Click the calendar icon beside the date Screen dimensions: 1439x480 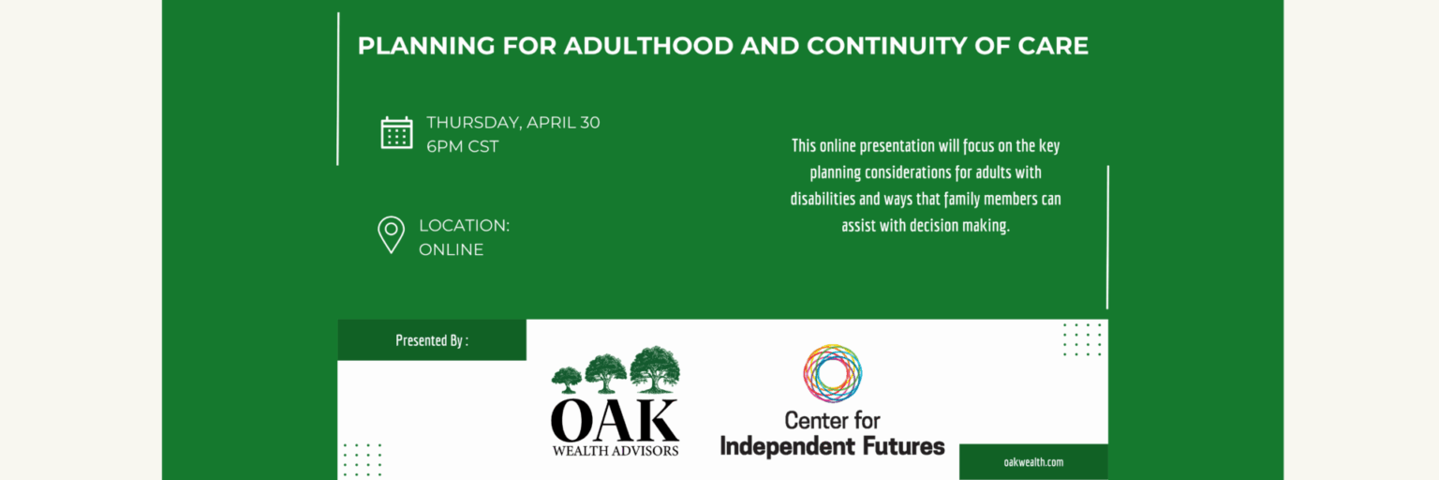[x=396, y=133]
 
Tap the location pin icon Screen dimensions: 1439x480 [x=391, y=234]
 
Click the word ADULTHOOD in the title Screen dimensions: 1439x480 [x=648, y=46]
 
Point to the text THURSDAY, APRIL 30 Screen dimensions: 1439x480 [x=513, y=122]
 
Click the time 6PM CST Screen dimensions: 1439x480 [x=463, y=146]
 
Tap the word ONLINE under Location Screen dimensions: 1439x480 [x=451, y=249]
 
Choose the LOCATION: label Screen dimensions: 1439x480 [x=464, y=226]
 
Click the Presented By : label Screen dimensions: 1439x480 [x=432, y=340]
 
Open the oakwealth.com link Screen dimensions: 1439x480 [x=1033, y=462]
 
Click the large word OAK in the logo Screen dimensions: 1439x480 [x=615, y=421]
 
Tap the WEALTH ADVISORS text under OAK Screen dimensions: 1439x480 [x=616, y=451]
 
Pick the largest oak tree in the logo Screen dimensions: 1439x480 [x=655, y=368]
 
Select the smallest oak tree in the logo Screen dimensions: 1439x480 [x=566, y=380]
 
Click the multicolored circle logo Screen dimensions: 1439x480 [x=833, y=373]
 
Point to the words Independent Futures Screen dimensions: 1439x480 [x=833, y=446]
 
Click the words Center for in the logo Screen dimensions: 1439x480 [x=832, y=421]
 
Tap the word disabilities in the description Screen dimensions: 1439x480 [x=823, y=199]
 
